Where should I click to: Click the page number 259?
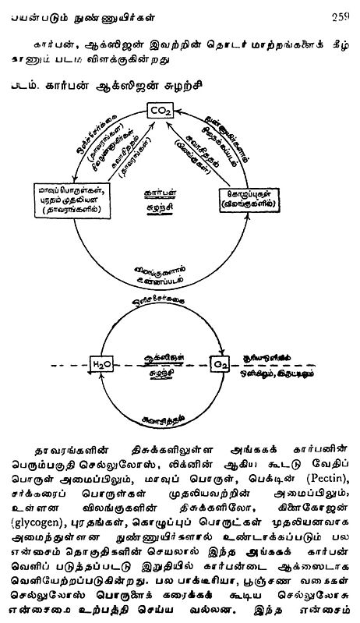[x=340, y=9]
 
